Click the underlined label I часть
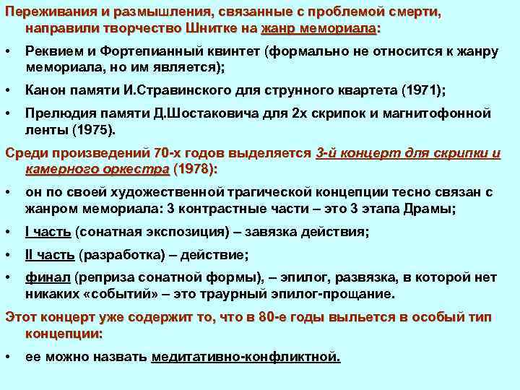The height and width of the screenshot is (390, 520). [x=48, y=232]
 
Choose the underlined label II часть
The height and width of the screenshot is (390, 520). [x=50, y=255]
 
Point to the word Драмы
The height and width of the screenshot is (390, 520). [x=431, y=209]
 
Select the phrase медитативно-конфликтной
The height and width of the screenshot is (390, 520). [x=246, y=357]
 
